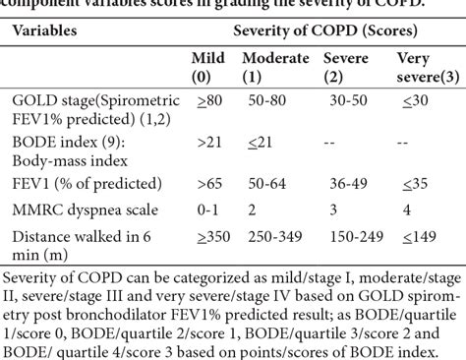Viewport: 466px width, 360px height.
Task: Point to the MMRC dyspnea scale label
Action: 79,210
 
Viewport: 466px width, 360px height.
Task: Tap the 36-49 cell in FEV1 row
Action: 343,183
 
